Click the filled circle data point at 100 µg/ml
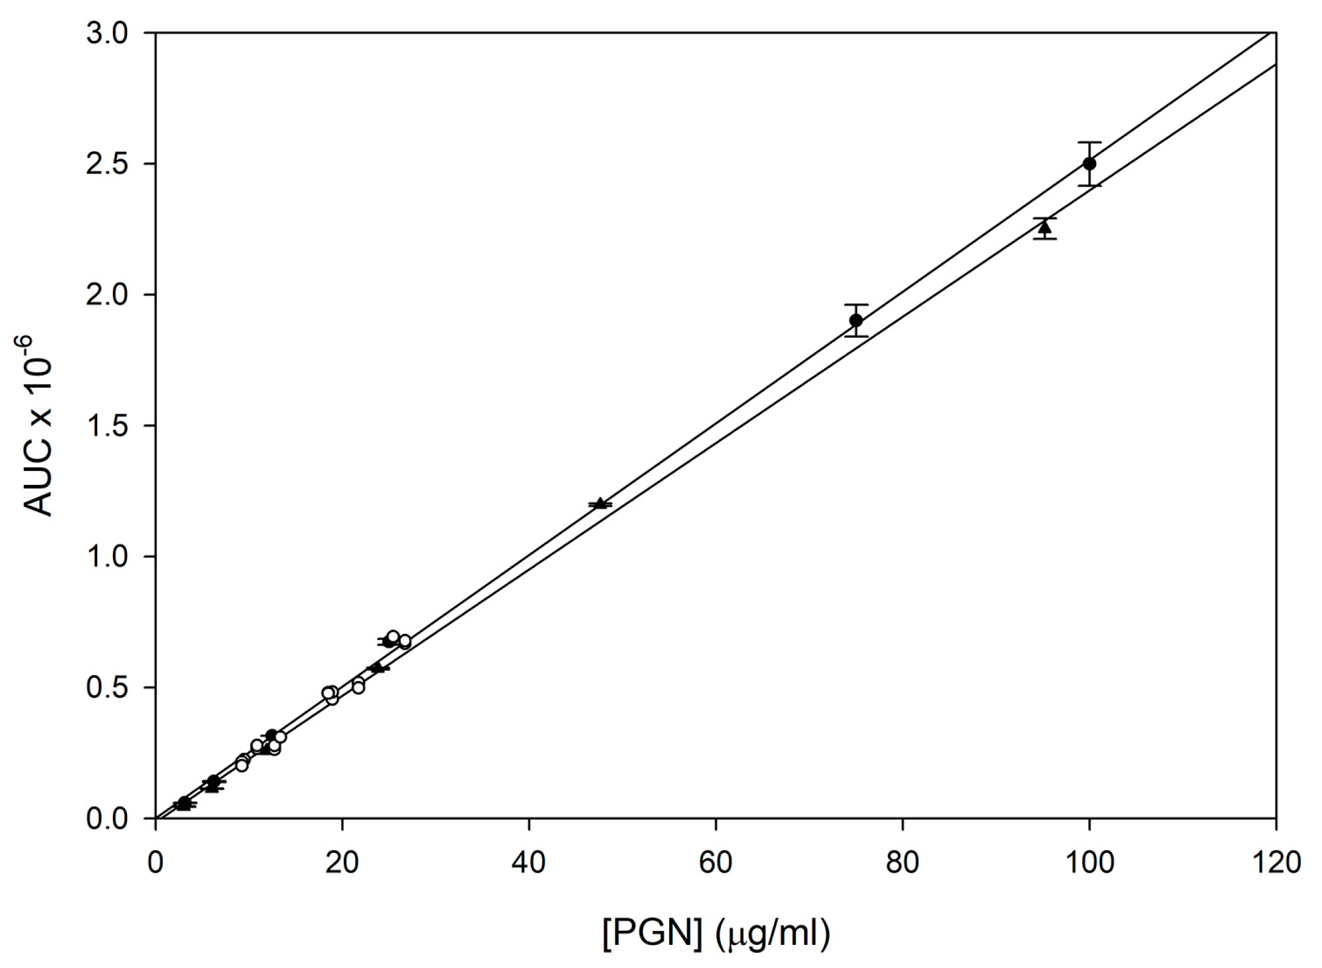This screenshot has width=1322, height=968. [1089, 163]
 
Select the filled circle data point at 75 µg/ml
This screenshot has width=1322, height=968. [856, 320]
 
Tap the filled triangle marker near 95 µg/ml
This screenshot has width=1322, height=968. [1044, 228]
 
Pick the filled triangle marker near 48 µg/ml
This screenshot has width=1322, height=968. [601, 503]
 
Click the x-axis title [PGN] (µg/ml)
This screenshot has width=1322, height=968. [716, 934]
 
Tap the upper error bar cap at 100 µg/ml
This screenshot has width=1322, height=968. [1089, 142]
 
